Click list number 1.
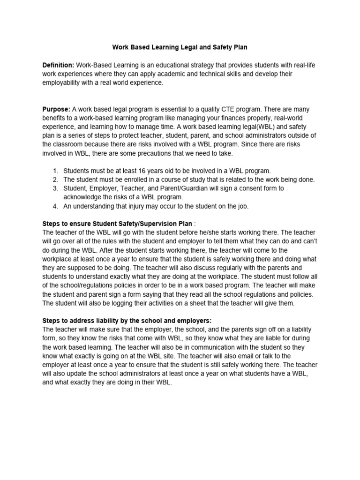click(x=55, y=171)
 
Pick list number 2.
click(x=55, y=180)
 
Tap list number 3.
click(x=55, y=188)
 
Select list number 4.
click(x=55, y=206)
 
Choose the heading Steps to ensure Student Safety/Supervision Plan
click(x=117, y=224)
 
